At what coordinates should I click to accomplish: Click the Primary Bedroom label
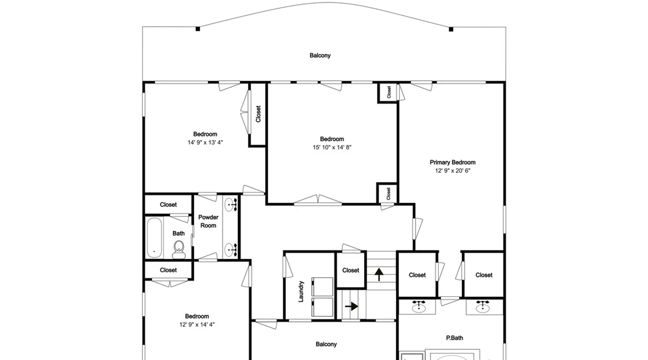tap(453, 162)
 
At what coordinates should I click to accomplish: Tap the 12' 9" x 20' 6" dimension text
tap(453, 171)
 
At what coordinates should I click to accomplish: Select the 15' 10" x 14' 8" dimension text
tap(332, 147)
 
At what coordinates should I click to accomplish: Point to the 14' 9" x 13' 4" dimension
tap(205, 143)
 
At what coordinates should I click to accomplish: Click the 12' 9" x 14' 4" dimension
tap(197, 325)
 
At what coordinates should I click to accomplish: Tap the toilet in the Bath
tap(179, 249)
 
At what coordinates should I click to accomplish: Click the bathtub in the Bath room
tap(154, 238)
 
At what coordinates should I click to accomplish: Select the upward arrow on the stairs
tap(379, 274)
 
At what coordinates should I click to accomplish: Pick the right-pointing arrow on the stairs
tap(351, 306)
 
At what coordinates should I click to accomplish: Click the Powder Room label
tap(208, 221)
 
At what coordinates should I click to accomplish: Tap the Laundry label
tap(301, 291)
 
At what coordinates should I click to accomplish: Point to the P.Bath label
tap(455, 338)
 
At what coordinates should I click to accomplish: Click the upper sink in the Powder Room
tap(230, 205)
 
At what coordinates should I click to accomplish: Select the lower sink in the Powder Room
tap(230, 249)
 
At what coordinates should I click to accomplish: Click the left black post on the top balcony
tap(198, 29)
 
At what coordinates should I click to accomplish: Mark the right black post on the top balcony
tap(451, 29)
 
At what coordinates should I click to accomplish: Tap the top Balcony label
tap(320, 55)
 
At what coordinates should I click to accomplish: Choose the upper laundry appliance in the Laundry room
tap(322, 287)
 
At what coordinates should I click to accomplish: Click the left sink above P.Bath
tap(419, 306)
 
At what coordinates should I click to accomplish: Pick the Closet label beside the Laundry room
tap(351, 270)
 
